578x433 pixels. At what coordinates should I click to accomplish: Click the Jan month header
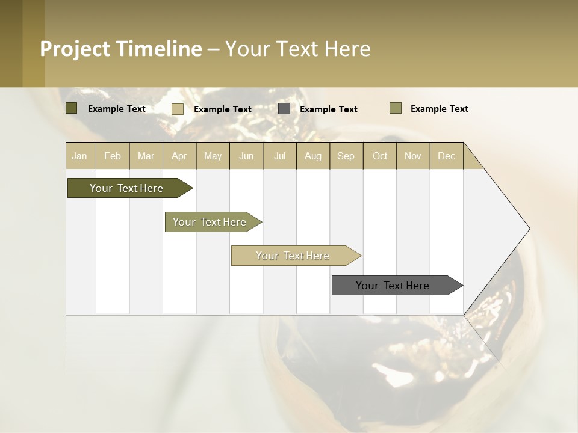click(79, 156)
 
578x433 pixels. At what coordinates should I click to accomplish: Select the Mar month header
click(146, 156)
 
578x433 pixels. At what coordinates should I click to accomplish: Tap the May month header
click(213, 156)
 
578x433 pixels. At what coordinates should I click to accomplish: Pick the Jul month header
click(279, 156)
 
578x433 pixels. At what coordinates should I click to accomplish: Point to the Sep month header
click(346, 156)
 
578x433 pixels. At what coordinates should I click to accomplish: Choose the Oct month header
click(380, 156)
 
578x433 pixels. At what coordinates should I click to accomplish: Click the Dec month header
click(446, 156)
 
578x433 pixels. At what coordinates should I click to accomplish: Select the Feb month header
click(113, 156)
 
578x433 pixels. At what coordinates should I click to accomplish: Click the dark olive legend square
click(71, 108)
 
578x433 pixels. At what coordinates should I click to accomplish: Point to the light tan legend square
click(178, 109)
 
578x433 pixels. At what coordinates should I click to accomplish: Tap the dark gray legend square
click(284, 109)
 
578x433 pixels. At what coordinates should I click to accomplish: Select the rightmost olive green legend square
click(395, 108)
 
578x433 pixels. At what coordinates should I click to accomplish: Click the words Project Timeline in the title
click(120, 49)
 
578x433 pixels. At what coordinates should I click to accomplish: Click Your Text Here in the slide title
click(297, 49)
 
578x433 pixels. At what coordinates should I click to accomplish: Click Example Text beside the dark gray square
click(328, 109)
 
